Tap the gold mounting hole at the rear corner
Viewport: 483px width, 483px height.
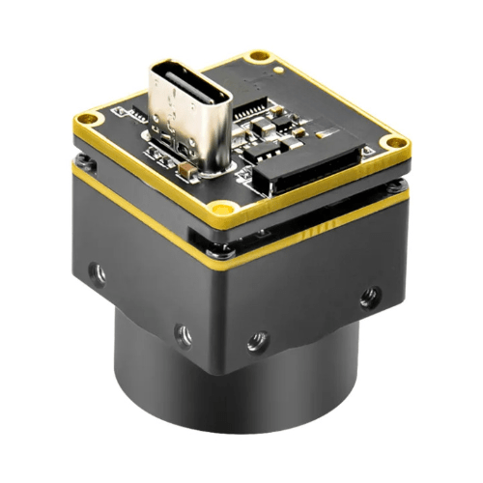(x=256, y=57)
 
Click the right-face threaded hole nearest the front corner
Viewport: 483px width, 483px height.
(x=257, y=340)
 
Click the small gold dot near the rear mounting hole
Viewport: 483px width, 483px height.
(x=278, y=71)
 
